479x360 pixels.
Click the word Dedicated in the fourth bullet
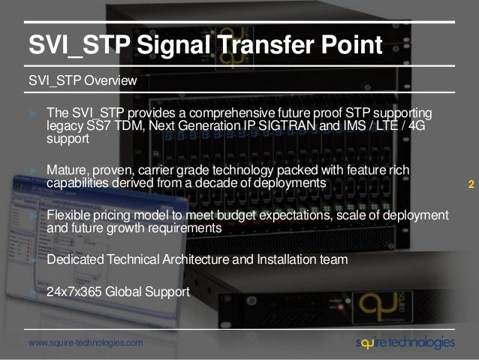(76, 260)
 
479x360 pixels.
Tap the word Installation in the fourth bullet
(282, 260)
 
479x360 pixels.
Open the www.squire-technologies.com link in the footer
(84, 343)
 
